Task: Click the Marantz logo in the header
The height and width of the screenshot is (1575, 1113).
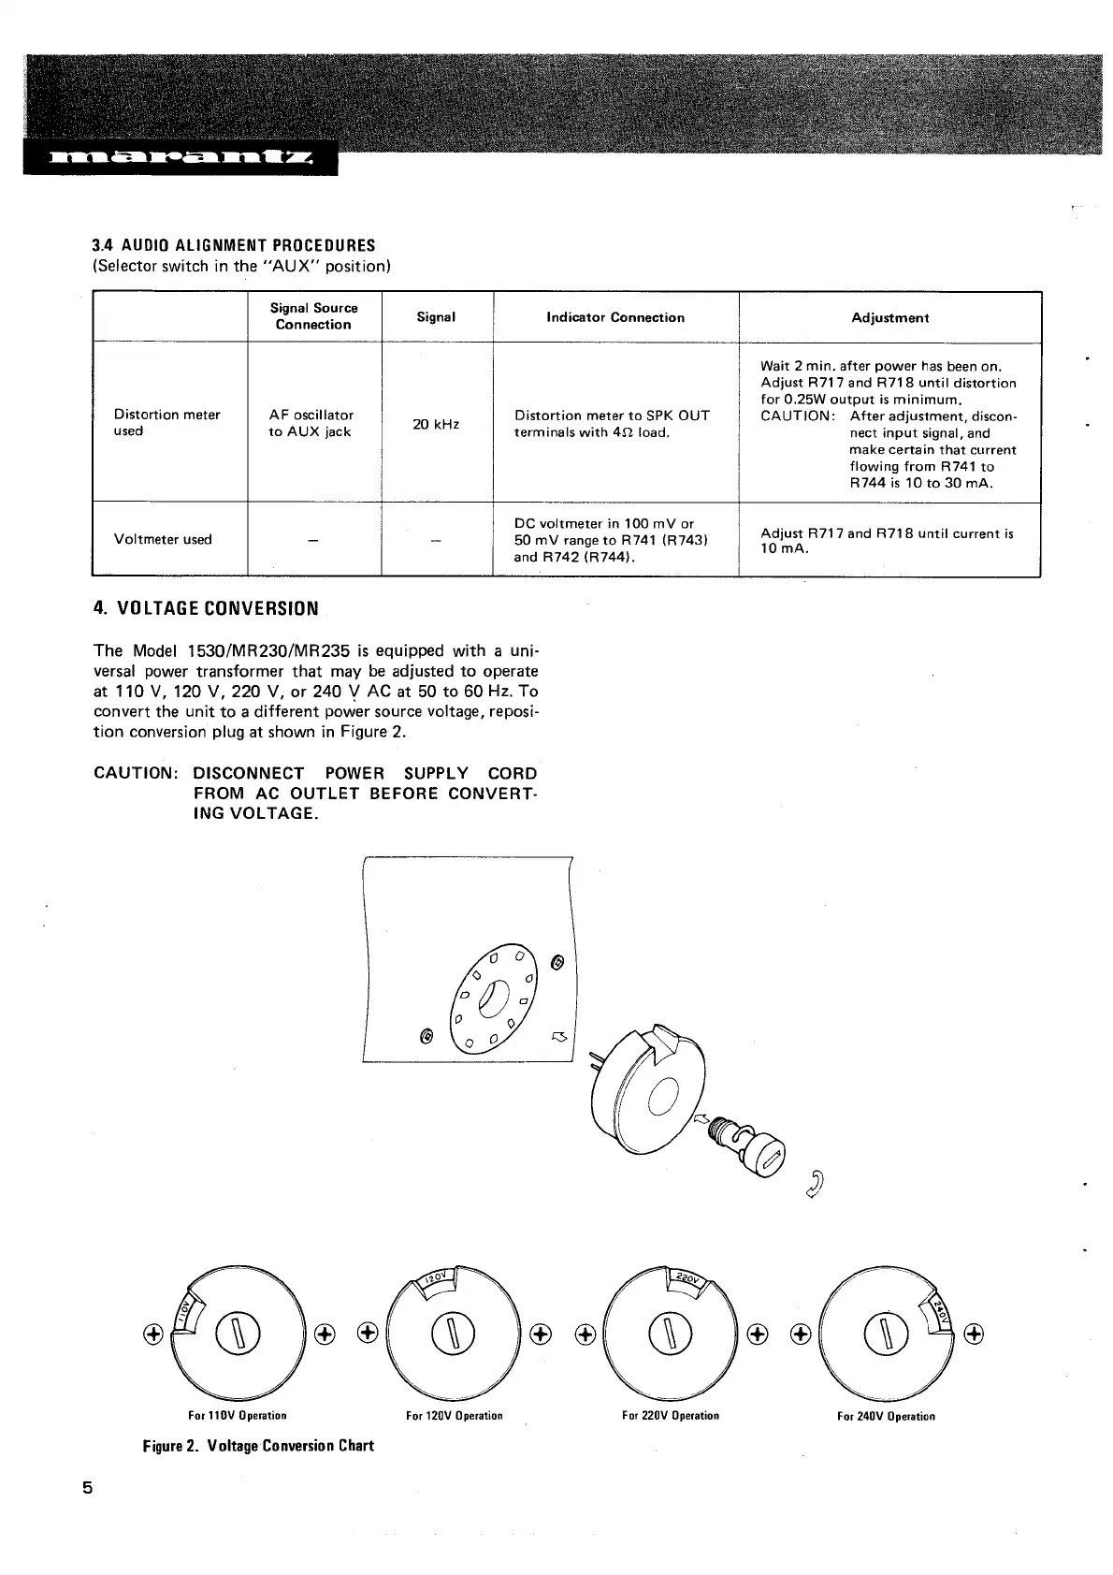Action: coord(180,160)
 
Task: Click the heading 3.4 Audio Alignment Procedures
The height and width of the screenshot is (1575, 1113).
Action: coord(233,245)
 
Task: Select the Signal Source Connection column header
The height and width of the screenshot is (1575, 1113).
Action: coord(313,316)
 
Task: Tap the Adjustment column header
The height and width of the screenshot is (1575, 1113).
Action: coord(889,317)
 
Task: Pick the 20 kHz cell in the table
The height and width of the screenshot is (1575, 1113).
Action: coord(436,424)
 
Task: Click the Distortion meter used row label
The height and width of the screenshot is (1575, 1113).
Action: coord(166,423)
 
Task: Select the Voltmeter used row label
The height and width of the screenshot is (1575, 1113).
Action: coord(163,539)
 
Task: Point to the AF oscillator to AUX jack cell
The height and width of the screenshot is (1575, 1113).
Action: coord(311,423)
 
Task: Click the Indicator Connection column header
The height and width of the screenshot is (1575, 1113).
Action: coord(615,317)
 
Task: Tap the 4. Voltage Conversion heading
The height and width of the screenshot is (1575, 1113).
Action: coord(206,608)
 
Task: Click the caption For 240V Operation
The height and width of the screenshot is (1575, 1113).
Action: coord(885,1416)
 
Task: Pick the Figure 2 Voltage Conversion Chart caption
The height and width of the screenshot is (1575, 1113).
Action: coord(257,1445)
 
